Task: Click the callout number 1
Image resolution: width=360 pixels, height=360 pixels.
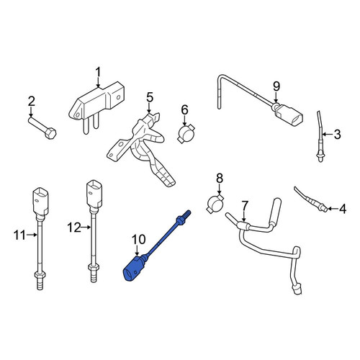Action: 98,73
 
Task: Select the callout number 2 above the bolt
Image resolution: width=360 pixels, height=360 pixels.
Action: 32,102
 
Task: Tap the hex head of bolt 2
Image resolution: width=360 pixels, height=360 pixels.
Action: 50,133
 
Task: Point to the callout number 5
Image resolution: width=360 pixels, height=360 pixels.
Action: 149,97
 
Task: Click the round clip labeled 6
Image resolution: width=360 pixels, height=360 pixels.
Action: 186,134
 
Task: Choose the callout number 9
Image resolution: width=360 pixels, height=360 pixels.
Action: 276,86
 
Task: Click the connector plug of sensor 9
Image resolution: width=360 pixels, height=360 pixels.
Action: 289,115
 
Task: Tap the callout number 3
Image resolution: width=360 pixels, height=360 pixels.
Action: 337,134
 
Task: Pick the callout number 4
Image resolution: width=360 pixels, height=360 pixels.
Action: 343,209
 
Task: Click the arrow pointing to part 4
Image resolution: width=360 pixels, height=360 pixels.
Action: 333,209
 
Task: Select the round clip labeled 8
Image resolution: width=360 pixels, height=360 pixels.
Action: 215,204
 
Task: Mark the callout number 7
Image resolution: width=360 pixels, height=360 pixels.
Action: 244,206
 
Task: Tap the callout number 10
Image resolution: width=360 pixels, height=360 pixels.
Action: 138,239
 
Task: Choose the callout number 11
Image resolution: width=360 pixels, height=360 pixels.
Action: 19,235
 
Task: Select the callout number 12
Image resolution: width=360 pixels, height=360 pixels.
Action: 74,227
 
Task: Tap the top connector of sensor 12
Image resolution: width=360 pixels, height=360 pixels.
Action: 94,195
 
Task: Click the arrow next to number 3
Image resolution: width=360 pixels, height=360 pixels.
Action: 327,134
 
